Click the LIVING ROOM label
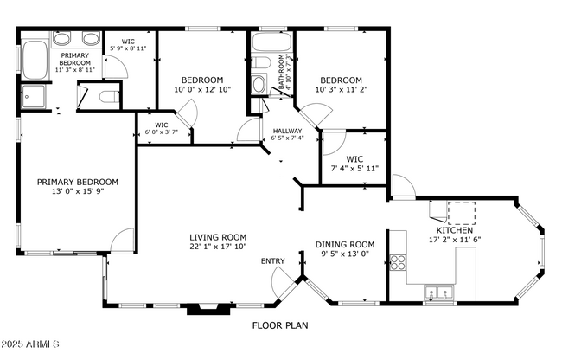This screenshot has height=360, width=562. point(218,237)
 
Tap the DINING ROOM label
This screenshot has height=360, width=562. point(344,244)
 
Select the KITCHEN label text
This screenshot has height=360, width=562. point(455,229)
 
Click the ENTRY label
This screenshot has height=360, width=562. point(272,260)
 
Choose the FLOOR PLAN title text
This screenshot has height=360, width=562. point(280,326)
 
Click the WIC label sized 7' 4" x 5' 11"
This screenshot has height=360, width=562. point(354,159)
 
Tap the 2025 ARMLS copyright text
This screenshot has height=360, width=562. point(30,346)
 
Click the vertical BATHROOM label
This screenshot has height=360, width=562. point(281,73)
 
